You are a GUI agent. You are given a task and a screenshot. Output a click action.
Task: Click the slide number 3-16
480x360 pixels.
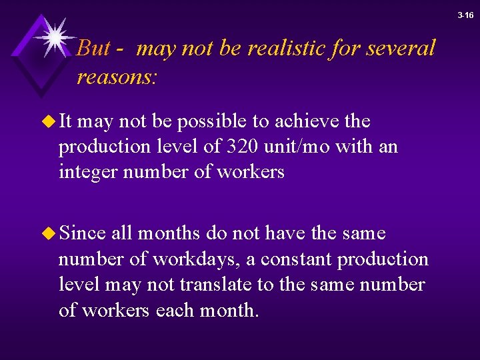tap(466, 15)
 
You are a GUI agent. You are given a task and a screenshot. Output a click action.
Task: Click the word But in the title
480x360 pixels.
tap(91, 48)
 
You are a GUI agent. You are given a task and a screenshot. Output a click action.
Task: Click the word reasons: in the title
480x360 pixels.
tap(117, 77)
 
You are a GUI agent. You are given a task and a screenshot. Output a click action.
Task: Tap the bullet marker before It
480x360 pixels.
tap(49, 122)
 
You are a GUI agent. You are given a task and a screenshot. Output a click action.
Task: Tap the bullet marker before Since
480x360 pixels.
tap(49, 234)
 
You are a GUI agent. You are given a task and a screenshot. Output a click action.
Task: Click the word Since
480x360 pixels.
tap(83, 233)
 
